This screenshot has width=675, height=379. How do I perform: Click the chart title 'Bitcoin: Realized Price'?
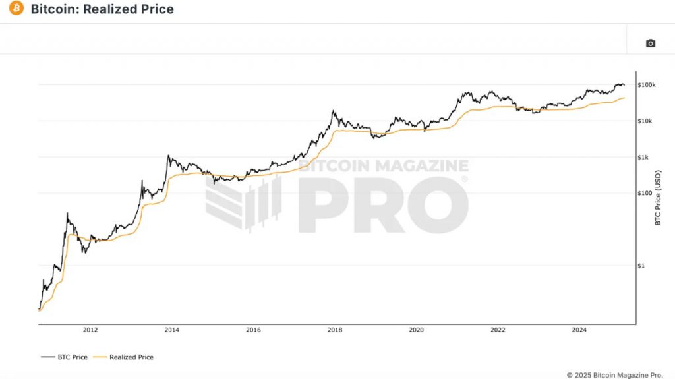coord(102,9)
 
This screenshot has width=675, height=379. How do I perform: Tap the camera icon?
coord(650,44)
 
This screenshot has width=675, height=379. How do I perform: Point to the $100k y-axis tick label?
coord(647,85)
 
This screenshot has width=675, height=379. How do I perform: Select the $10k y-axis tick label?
coord(645,121)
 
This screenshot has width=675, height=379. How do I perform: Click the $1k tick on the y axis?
coord(644,157)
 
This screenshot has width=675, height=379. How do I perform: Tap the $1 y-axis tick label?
coord(642,266)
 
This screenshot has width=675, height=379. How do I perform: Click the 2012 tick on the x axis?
coord(90,330)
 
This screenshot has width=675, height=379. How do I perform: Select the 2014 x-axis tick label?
coord(171,330)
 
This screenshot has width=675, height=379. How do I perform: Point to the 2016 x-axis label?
coord(253,330)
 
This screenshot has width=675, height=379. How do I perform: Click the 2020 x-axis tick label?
coord(416,330)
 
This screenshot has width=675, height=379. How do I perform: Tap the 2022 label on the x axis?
coord(498,330)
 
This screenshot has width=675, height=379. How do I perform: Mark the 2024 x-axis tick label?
coord(579,330)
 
